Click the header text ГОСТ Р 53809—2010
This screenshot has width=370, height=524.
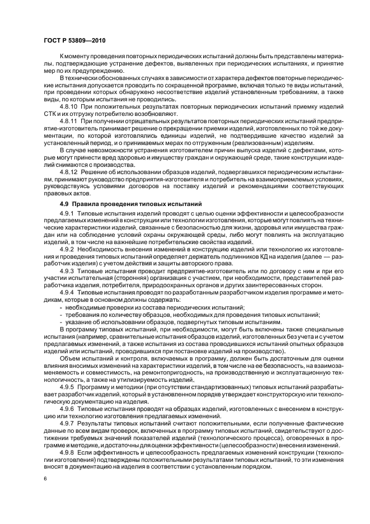point(75,41)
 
